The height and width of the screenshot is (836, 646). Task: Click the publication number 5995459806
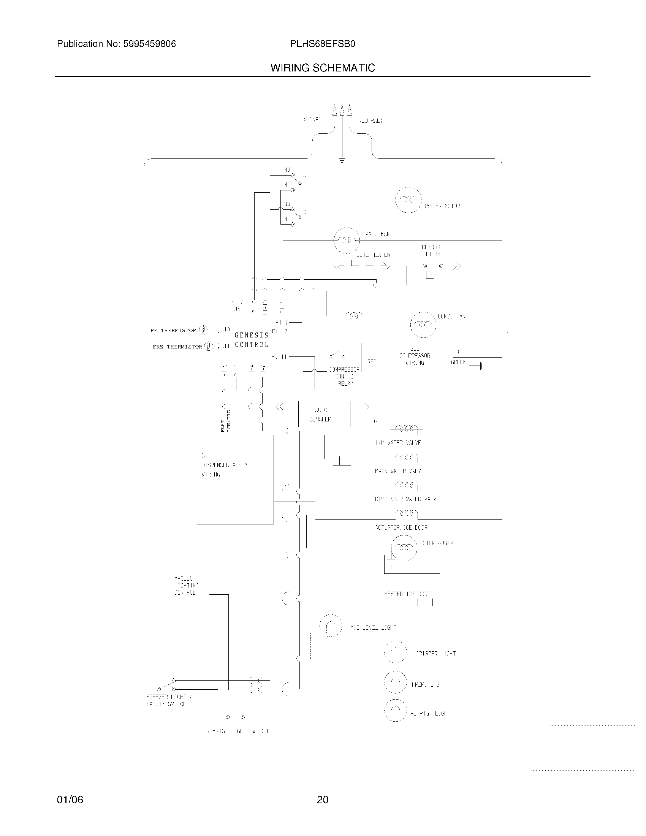coord(149,44)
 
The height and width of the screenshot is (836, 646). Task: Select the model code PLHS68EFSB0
coord(323,44)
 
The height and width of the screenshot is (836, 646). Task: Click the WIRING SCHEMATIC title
coord(323,68)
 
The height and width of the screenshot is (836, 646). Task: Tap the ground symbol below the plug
coord(342,161)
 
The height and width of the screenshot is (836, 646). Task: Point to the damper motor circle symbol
coord(408,200)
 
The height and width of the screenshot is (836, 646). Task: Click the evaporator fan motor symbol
coord(347,241)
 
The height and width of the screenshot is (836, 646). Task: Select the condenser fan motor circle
coord(423,324)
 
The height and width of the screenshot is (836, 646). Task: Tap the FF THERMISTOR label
coord(173,330)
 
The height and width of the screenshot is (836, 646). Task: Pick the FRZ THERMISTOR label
coord(177,347)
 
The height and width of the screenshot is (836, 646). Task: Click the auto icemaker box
coord(324,414)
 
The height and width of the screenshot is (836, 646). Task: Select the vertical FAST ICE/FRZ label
coord(226,421)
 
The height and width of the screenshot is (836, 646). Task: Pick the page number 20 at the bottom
coord(323,800)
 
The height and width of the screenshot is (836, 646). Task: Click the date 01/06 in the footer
coord(70,800)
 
